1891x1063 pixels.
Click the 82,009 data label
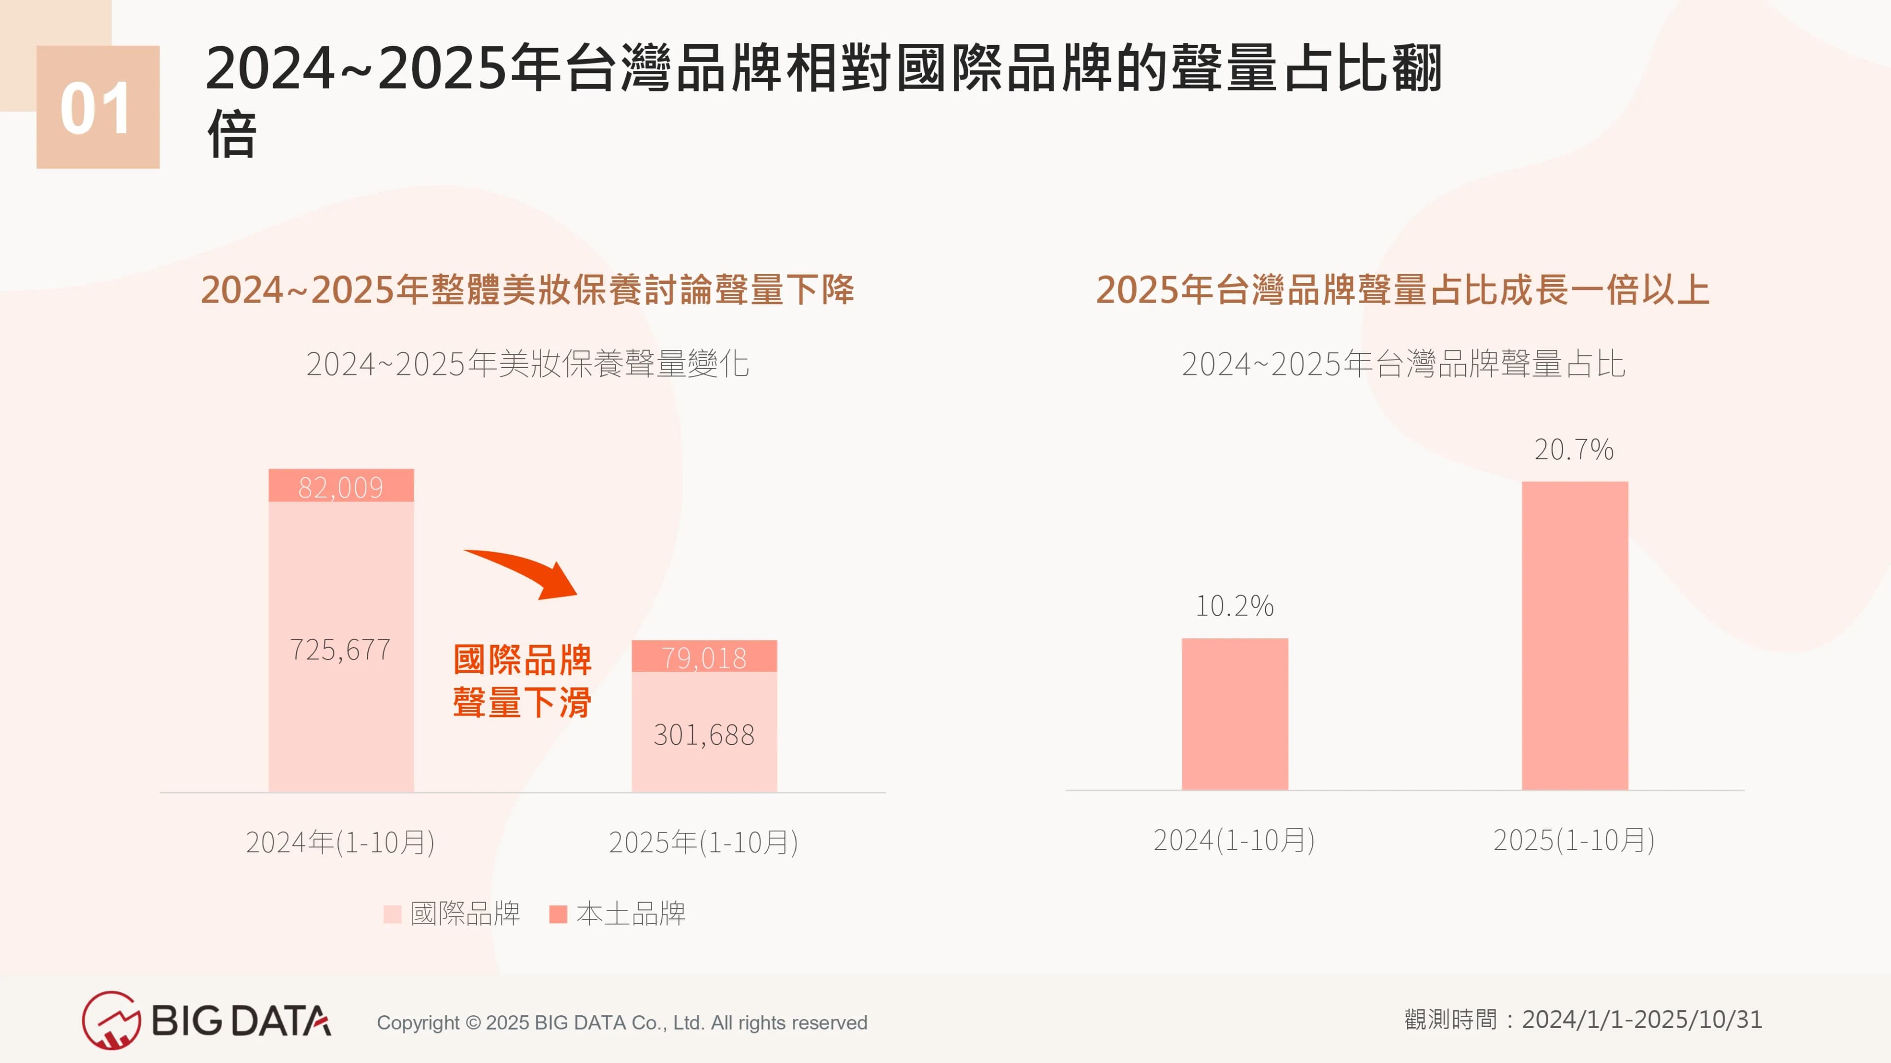click(341, 487)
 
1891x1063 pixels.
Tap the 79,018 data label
click(704, 657)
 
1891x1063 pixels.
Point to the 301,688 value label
click(704, 734)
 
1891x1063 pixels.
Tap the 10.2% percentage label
click(1234, 605)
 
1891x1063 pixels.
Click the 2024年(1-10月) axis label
click(340, 842)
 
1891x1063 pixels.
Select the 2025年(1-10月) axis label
click(703, 842)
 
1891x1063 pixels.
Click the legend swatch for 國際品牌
click(392, 914)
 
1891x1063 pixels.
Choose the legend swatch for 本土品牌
click(558, 914)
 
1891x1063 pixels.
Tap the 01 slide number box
click(98, 107)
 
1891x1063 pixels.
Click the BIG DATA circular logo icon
click(110, 1020)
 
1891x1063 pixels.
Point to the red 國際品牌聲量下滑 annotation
click(522, 681)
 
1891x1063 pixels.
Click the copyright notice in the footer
click(622, 1022)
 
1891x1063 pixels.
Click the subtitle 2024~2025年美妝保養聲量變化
click(527, 364)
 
